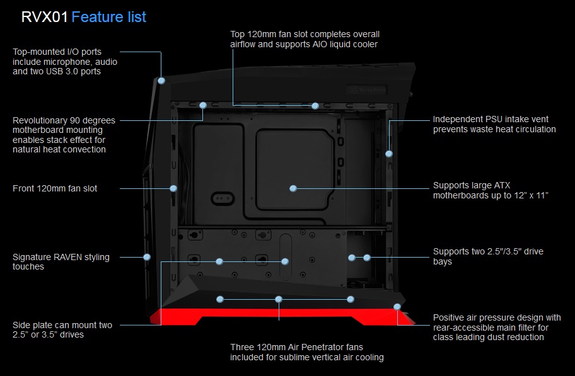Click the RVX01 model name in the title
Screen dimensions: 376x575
(44, 17)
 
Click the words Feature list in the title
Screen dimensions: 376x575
(109, 17)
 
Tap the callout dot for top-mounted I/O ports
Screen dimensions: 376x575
(162, 81)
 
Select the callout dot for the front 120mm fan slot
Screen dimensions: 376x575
(173, 188)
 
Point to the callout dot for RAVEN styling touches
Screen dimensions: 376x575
(147, 257)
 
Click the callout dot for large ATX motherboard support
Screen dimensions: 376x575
(293, 188)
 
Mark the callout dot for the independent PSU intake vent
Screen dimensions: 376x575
(389, 153)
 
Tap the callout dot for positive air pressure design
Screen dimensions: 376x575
(397, 307)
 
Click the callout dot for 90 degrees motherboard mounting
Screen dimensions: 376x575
(203, 105)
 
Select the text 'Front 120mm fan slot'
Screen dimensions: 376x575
(55, 188)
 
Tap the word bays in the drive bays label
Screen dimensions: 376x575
(443, 261)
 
